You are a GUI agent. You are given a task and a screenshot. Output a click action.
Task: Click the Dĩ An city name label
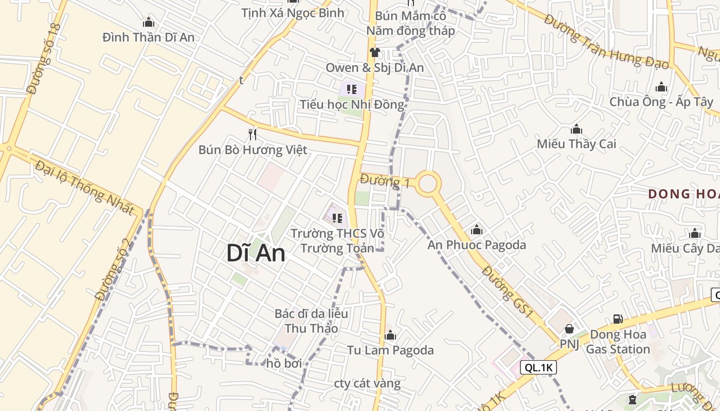[256, 253]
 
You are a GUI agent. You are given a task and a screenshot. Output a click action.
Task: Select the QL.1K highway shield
[538, 367]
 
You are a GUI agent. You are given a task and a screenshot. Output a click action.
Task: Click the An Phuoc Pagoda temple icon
[477, 230]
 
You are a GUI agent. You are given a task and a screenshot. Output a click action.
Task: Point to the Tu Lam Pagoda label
[390, 350]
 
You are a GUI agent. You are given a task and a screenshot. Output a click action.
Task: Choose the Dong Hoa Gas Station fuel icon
[618, 319]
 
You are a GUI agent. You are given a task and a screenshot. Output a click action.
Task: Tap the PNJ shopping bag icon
[569, 328]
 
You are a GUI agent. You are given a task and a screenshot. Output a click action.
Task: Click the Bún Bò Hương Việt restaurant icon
[253, 135]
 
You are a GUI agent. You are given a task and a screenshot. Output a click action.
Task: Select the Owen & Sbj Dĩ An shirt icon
[374, 52]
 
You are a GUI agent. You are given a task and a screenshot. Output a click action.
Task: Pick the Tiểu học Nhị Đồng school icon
[352, 89]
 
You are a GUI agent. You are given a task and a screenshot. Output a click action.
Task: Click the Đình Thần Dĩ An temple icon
[149, 22]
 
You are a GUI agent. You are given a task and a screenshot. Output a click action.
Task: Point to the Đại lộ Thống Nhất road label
[85, 188]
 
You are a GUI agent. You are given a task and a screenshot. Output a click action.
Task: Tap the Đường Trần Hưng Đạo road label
[607, 42]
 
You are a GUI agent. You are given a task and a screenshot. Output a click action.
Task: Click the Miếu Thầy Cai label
[576, 144]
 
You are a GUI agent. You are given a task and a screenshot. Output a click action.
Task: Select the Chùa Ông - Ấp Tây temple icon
[661, 87]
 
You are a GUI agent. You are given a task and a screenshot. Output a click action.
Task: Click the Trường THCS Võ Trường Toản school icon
[337, 218]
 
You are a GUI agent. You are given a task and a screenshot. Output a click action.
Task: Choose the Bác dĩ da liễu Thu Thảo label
[311, 321]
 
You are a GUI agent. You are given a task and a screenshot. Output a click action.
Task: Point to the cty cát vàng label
[367, 383]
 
